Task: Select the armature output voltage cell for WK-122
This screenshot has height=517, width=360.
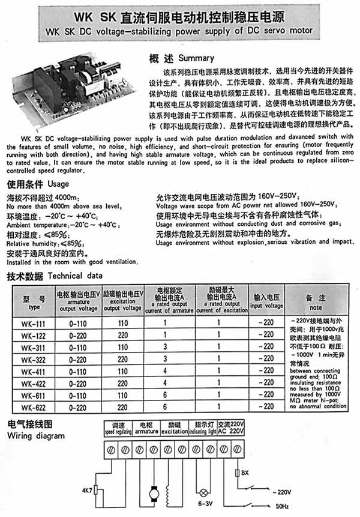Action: (79, 334)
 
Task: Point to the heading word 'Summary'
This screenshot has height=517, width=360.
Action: (196, 58)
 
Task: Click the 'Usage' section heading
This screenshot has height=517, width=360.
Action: (58, 184)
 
